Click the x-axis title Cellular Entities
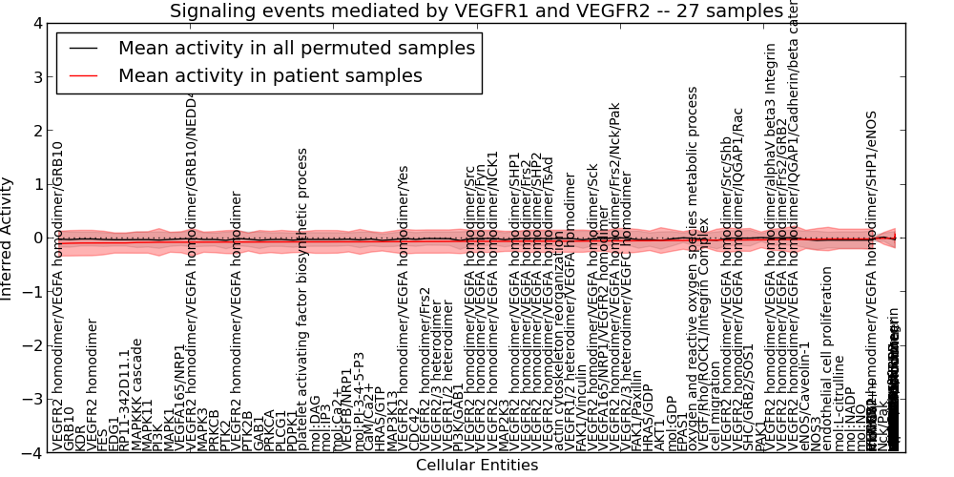point(477,466)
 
